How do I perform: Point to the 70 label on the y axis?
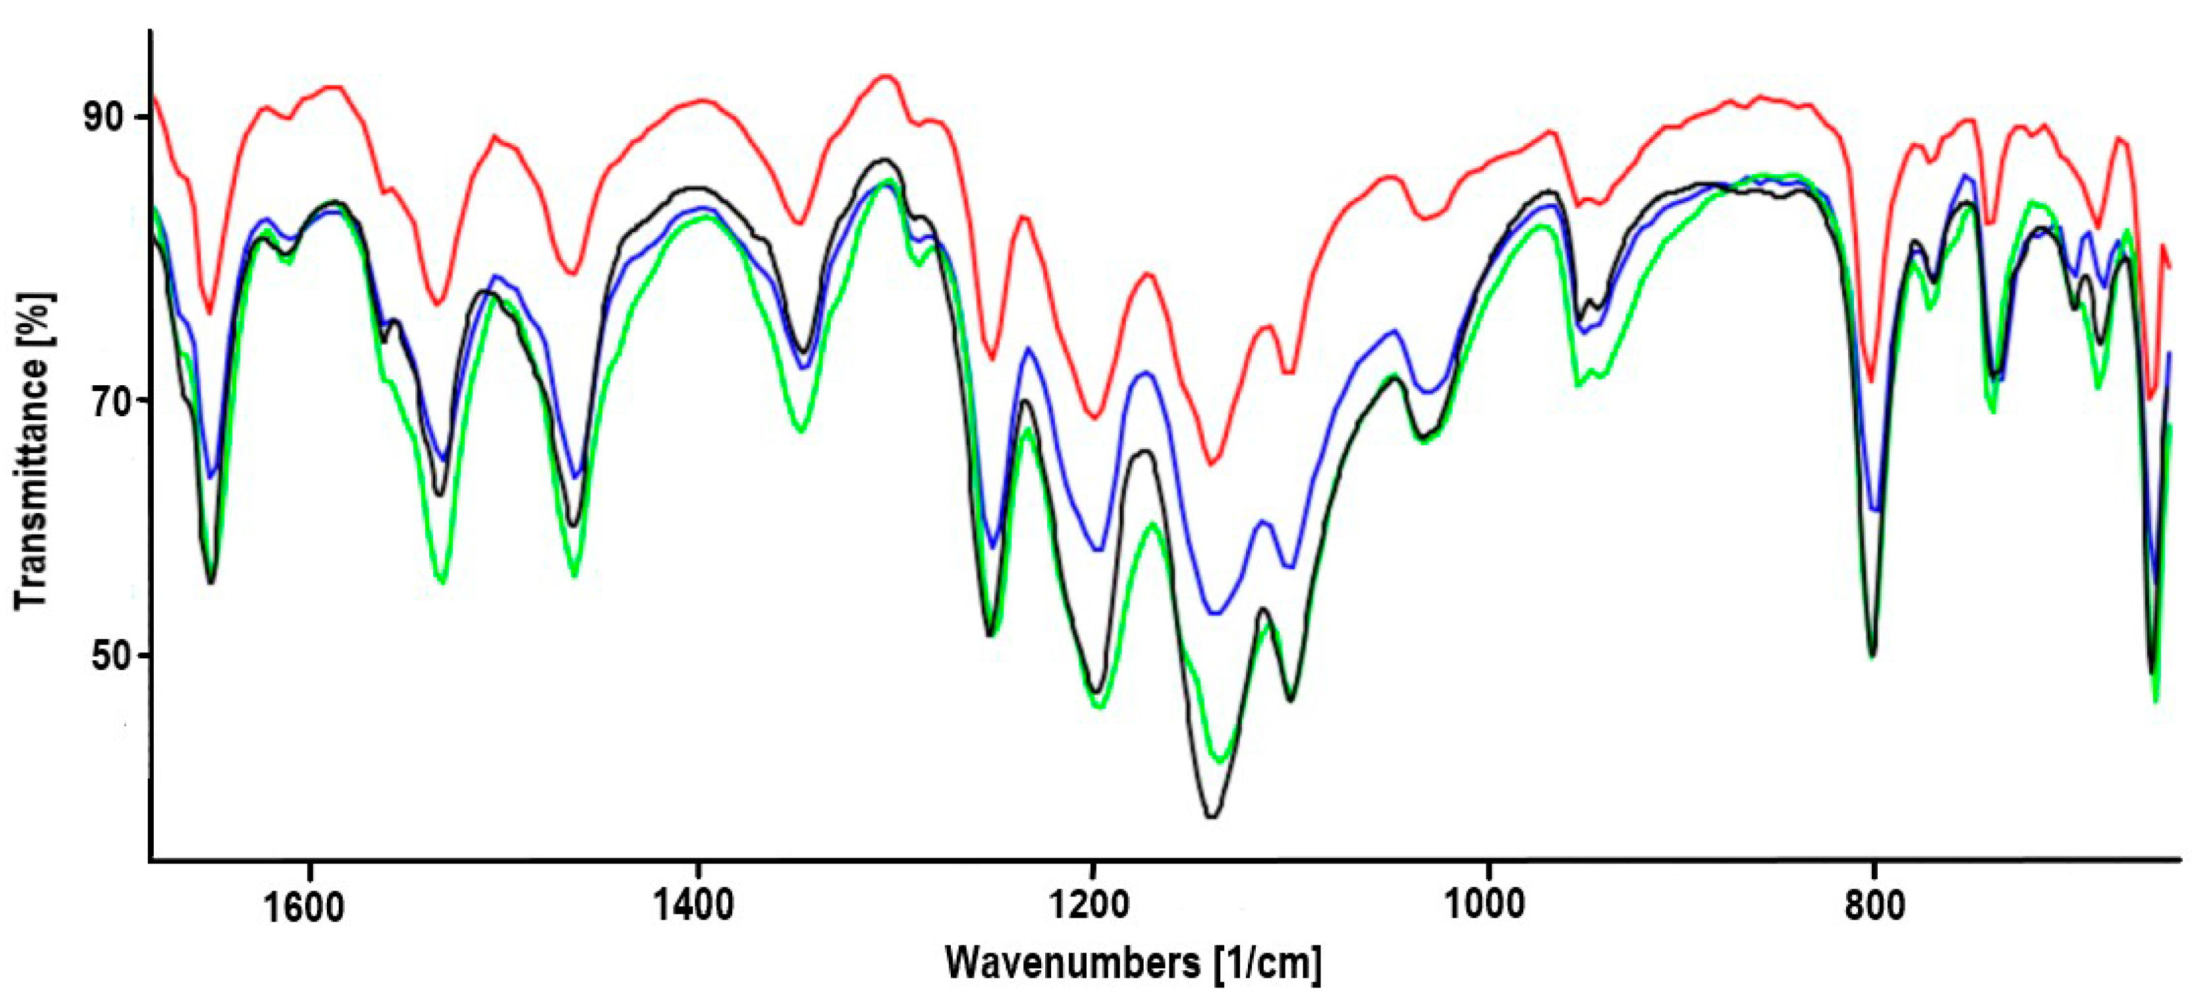pos(105,400)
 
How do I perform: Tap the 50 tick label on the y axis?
pos(105,656)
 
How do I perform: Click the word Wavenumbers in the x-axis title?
pos(1072,964)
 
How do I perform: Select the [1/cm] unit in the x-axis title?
pos(1268,964)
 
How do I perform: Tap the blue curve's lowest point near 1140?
pos(1214,613)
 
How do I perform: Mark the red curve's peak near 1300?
pos(887,76)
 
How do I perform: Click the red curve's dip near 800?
pos(1871,381)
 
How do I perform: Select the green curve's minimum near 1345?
pos(800,431)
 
